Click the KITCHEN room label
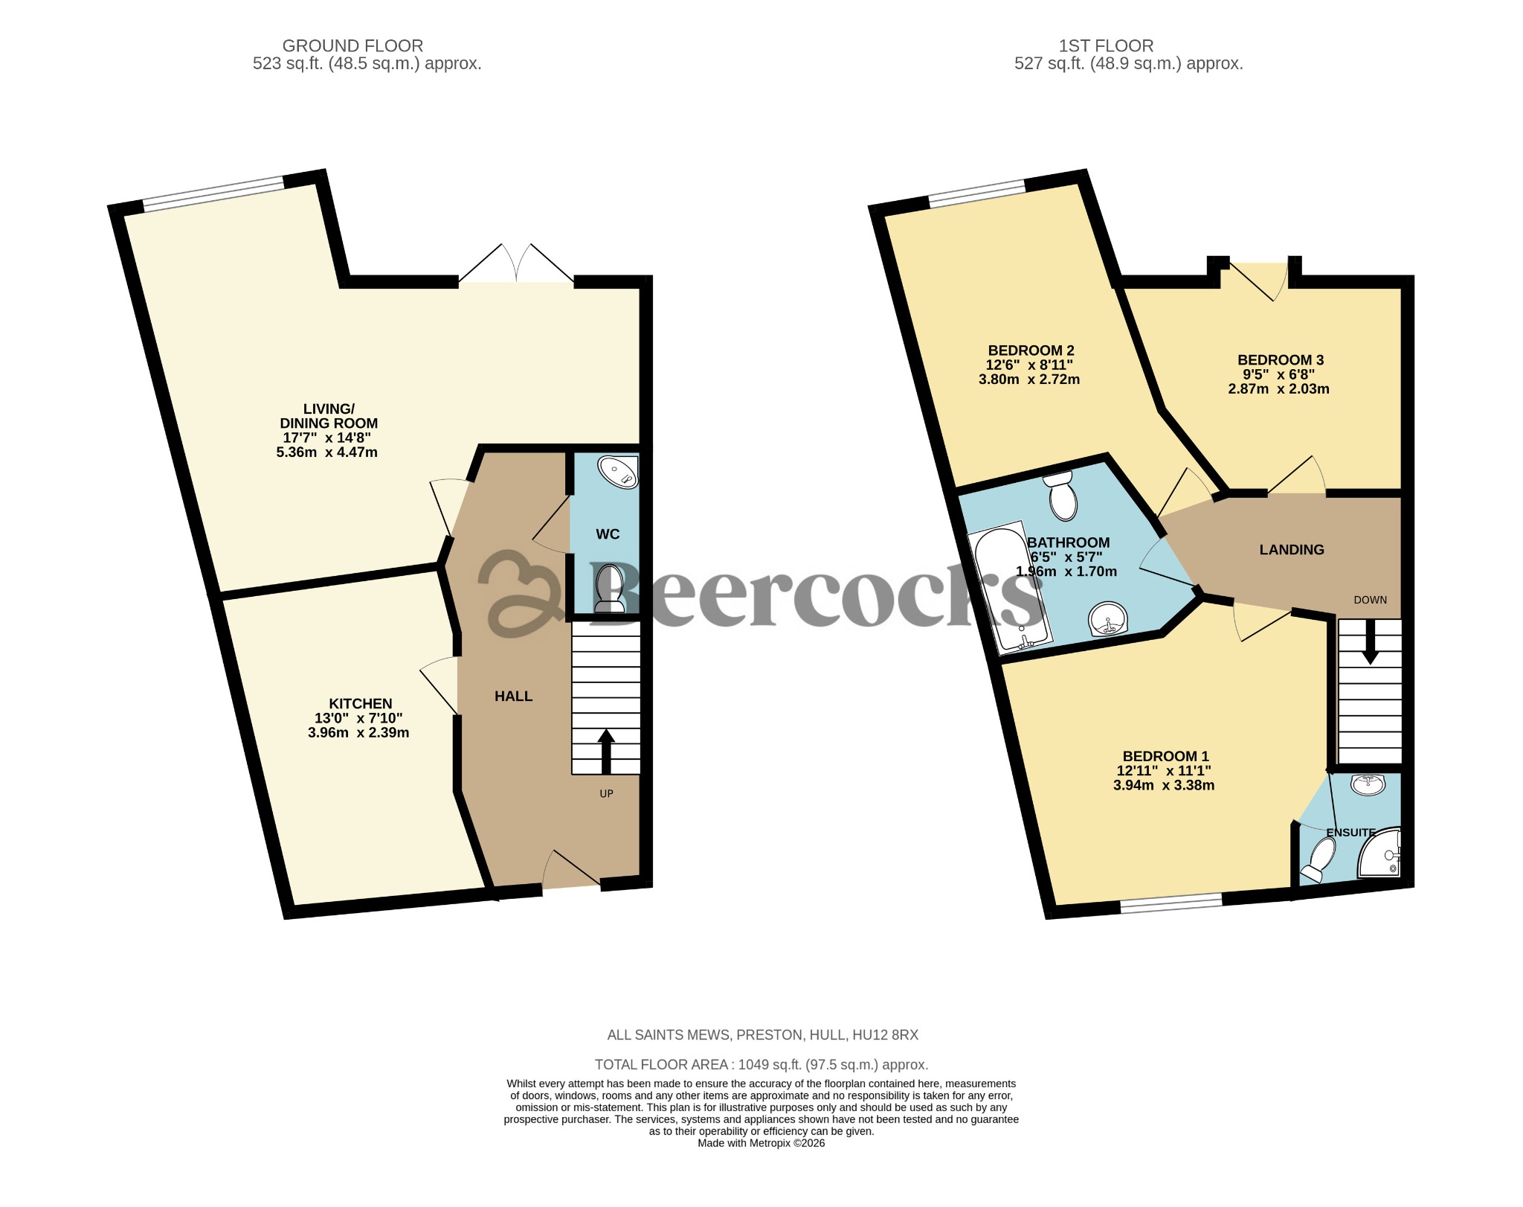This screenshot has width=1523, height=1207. point(360,703)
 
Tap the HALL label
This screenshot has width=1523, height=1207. point(513,696)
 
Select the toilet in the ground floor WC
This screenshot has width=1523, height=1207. point(609,588)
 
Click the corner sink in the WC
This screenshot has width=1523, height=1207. point(620,472)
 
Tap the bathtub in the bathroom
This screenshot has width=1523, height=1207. point(1009,588)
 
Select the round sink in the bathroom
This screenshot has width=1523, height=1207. point(1108,619)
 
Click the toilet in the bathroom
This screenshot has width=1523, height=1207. point(1062,497)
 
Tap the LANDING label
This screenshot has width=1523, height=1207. point(1291,549)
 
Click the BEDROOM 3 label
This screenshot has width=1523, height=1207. point(1280,359)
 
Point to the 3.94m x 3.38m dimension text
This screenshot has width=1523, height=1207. point(1163,784)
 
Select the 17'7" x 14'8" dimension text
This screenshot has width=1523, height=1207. point(326,438)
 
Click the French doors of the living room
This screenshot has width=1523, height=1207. point(516,265)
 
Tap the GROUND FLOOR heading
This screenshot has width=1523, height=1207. point(352,45)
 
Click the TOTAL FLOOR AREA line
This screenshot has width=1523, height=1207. point(761,1064)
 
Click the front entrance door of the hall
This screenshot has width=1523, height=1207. point(571,871)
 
